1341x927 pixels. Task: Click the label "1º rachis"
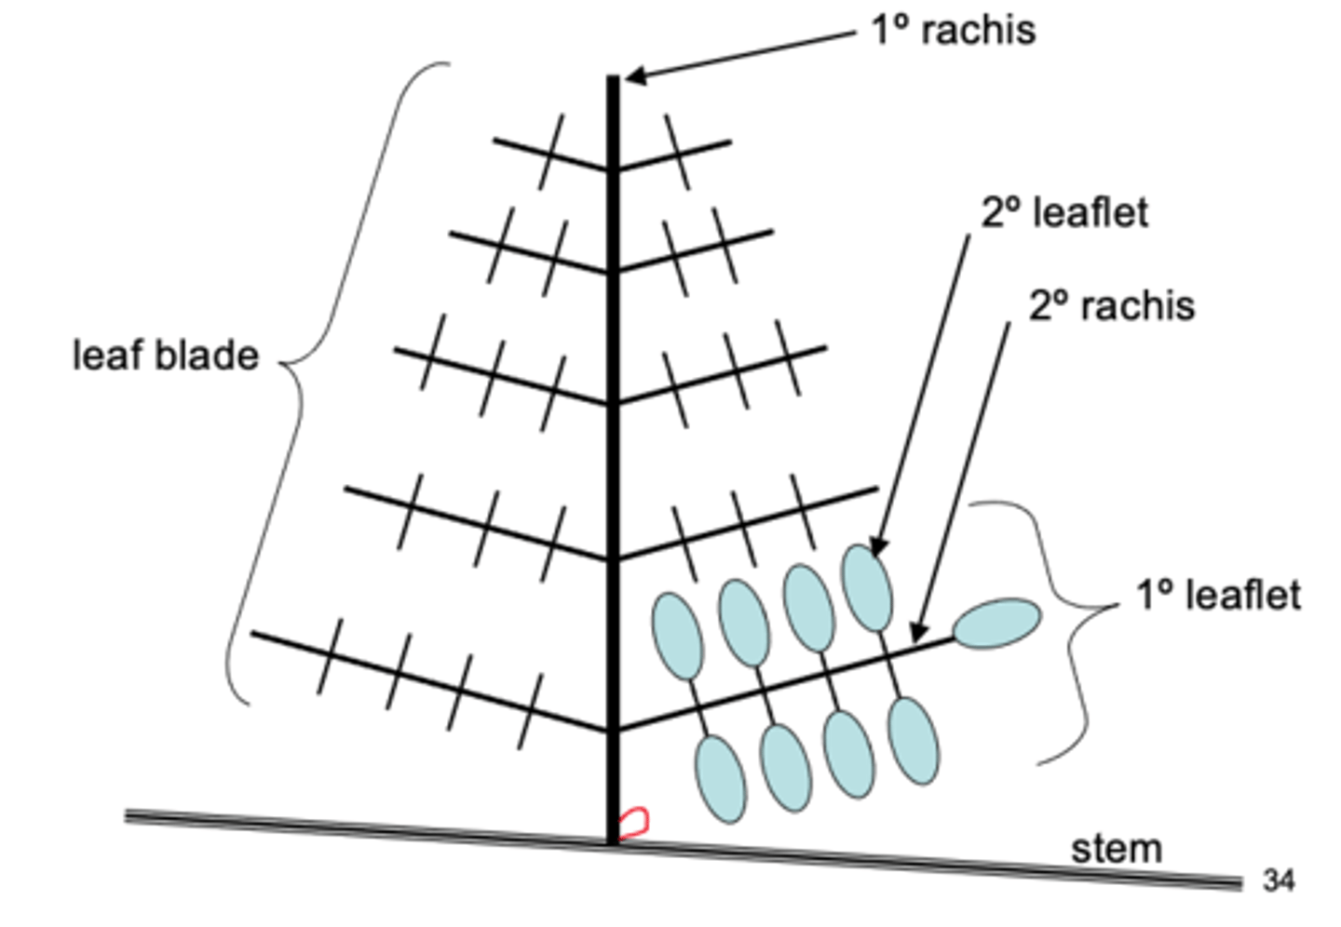953,30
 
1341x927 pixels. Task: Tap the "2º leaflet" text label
1064,212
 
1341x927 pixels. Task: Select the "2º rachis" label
1111,305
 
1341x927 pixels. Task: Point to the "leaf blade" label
165,356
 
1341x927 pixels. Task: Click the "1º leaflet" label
1218,595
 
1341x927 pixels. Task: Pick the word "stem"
1116,848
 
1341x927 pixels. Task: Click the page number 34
1279,880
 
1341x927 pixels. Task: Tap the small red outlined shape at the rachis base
634,822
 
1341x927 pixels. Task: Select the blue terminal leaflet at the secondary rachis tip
996,624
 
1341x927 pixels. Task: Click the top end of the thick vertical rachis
614,80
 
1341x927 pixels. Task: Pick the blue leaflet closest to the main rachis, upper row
677,636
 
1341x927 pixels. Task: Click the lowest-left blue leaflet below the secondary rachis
720,778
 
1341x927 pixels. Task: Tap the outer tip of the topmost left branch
495,141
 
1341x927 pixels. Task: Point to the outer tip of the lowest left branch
253,635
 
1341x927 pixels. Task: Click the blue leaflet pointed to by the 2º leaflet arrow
867,586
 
